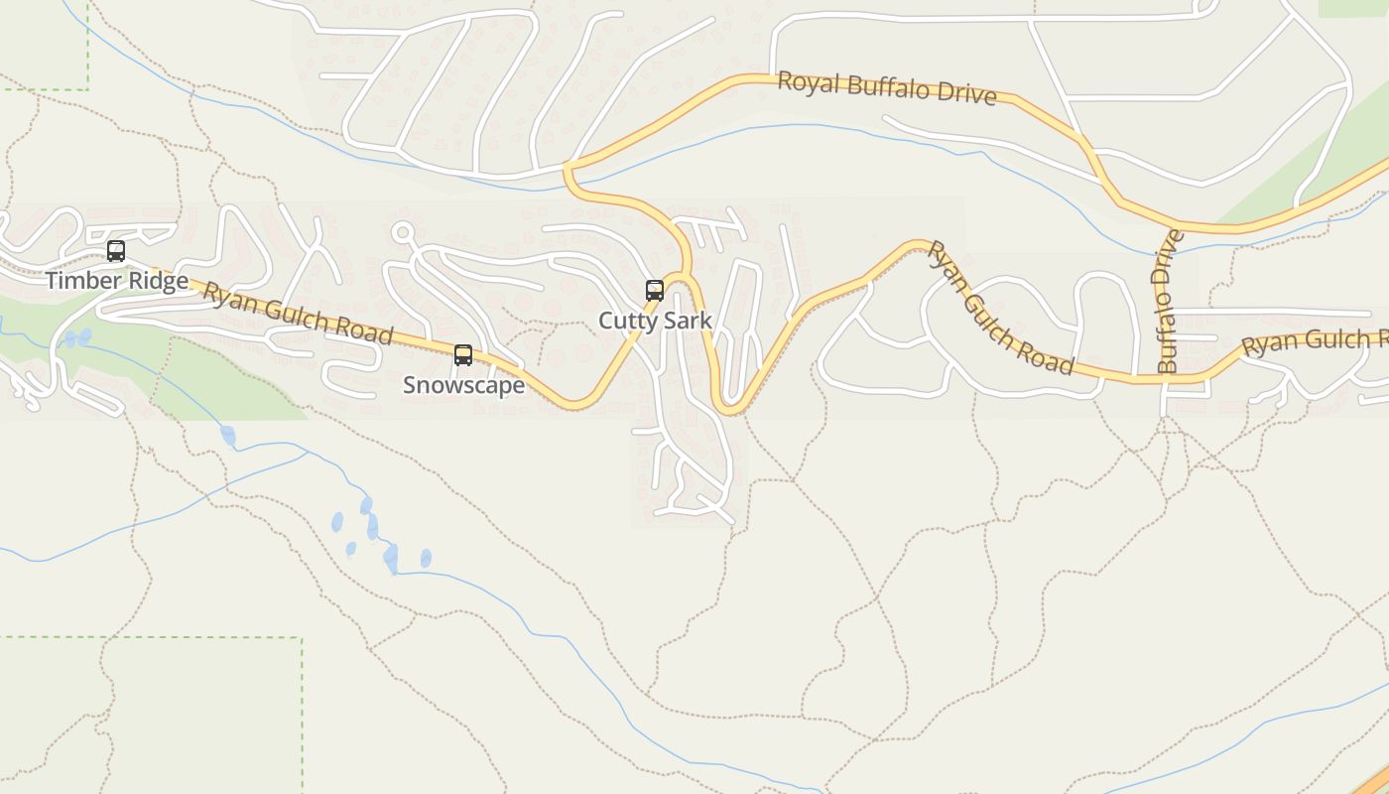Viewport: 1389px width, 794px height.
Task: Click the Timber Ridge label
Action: coord(116,281)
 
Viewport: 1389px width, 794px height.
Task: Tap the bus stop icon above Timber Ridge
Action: coord(116,251)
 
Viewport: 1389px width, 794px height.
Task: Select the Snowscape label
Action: coord(463,385)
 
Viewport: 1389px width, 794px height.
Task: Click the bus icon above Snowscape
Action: coord(463,355)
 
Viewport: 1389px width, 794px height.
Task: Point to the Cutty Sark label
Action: coord(655,321)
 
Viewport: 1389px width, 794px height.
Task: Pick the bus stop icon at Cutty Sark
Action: coord(655,291)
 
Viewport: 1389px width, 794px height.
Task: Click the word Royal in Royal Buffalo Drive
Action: coord(809,81)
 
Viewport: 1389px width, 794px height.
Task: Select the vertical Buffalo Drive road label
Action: coord(1169,302)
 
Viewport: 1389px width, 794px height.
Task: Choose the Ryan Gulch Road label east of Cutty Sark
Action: coord(1000,308)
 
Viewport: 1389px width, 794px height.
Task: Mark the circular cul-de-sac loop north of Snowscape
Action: coord(402,233)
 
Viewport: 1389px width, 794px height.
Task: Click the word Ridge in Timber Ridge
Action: coord(153,281)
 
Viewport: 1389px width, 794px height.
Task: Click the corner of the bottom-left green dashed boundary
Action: coord(301,638)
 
